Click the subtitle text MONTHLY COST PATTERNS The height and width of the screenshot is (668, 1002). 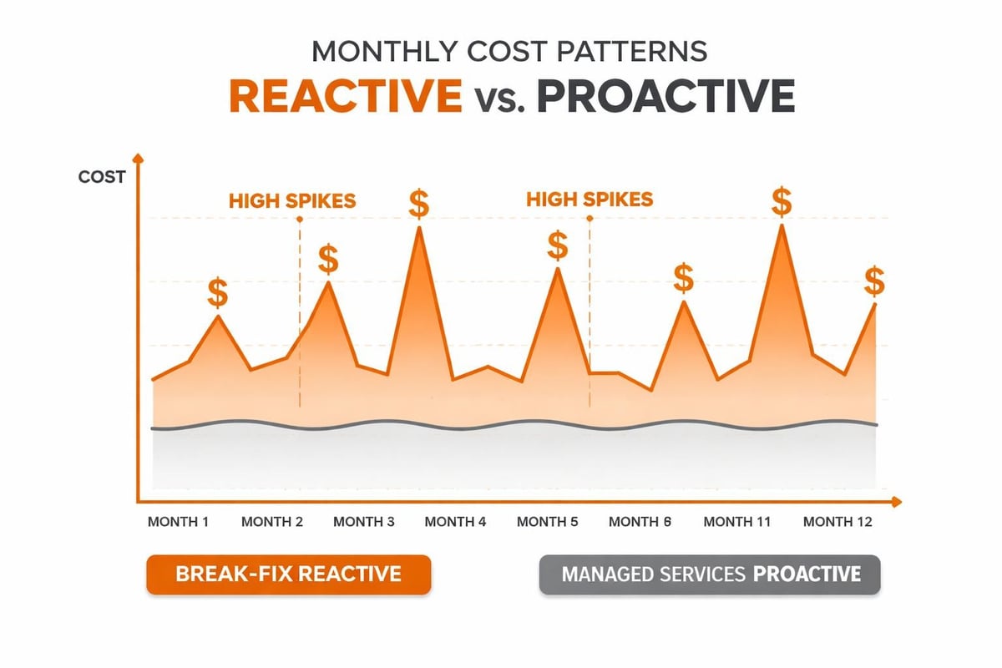click(x=509, y=51)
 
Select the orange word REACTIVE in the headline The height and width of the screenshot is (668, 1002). click(x=345, y=98)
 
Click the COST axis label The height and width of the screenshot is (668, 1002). click(x=102, y=177)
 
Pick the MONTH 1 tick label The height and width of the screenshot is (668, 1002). click(x=178, y=522)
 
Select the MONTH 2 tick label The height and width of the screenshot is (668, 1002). click(x=272, y=522)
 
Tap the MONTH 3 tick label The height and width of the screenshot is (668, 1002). click(x=364, y=522)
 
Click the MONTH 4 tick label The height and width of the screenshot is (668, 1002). click(x=455, y=522)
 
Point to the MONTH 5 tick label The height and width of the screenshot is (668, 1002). click(x=547, y=522)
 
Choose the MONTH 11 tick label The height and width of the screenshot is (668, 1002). click(x=737, y=522)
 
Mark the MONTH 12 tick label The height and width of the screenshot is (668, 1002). click(x=837, y=522)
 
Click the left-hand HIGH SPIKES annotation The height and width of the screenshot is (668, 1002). click(x=292, y=201)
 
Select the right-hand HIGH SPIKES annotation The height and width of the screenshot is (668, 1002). click(x=590, y=200)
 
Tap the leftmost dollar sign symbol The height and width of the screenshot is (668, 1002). click(x=218, y=293)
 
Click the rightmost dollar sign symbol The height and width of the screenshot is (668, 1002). click(x=874, y=281)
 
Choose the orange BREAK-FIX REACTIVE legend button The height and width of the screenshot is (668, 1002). click(x=288, y=574)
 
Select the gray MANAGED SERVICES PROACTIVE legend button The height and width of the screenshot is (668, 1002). click(x=710, y=574)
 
